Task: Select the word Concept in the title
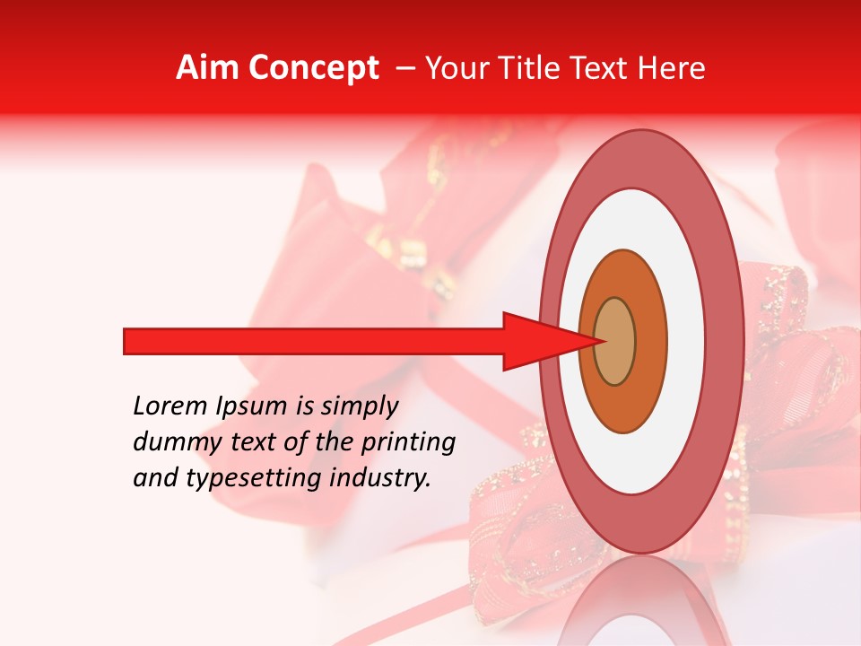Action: coord(313,68)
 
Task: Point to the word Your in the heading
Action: coord(456,68)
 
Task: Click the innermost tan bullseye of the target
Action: coord(615,342)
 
